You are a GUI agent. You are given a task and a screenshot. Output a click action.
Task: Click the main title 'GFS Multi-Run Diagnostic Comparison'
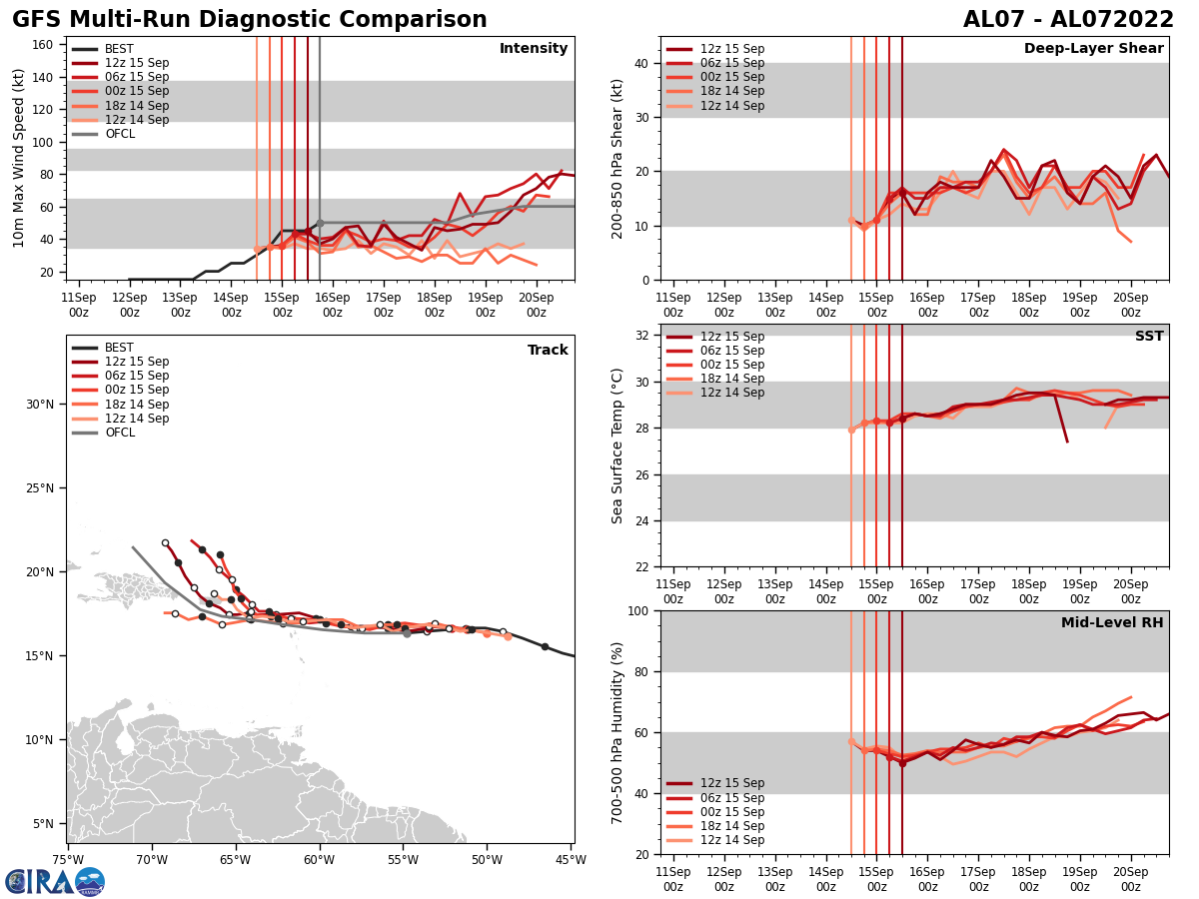click(250, 20)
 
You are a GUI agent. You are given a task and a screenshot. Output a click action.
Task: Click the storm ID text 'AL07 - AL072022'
click(1068, 20)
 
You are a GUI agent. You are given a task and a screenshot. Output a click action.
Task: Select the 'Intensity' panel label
click(534, 49)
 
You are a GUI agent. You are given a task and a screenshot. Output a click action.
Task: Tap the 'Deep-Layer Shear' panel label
click(1093, 49)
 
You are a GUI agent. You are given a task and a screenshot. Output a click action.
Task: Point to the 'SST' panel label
click(1149, 337)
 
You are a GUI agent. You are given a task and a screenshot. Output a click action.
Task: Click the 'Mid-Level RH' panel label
click(1112, 623)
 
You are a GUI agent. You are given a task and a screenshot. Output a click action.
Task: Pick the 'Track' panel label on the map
click(548, 351)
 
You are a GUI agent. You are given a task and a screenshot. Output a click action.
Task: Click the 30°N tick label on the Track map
click(40, 404)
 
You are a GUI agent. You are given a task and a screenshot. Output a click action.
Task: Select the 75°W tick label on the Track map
click(68, 859)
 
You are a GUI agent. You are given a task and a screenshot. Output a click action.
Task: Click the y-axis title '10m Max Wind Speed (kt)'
click(18, 158)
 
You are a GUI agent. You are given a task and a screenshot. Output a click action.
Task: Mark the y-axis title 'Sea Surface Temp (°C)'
click(617, 446)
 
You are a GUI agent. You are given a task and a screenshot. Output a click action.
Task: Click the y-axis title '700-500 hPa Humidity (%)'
click(617, 732)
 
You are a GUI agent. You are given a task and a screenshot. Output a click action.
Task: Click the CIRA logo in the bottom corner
click(55, 881)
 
